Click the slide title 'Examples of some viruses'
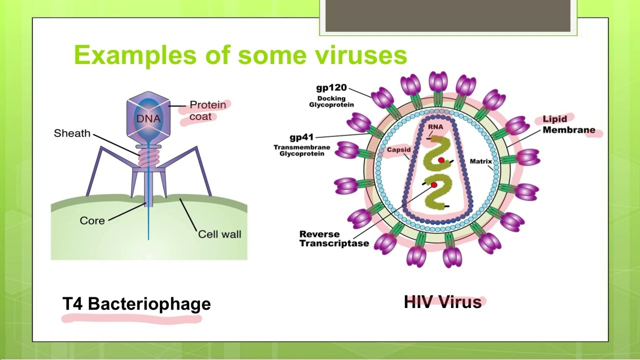tap(240, 55)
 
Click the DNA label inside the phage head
tap(148, 119)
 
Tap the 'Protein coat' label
tap(207, 110)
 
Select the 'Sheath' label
tap(72, 133)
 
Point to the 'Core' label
tap(92, 220)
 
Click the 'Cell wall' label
tap(219, 234)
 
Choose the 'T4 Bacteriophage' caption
tap(136, 304)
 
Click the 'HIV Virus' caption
tap(442, 302)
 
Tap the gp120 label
tap(331, 88)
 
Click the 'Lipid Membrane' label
tap(568, 124)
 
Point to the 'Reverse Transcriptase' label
tap(334, 239)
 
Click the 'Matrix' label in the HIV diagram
tap(481, 161)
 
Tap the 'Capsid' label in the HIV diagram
tap(398, 149)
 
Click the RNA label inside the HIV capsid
tap(435, 127)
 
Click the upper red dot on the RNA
tap(441, 160)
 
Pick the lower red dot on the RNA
tap(434, 185)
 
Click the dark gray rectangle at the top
tap(447, 15)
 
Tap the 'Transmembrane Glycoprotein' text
tap(301, 150)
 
